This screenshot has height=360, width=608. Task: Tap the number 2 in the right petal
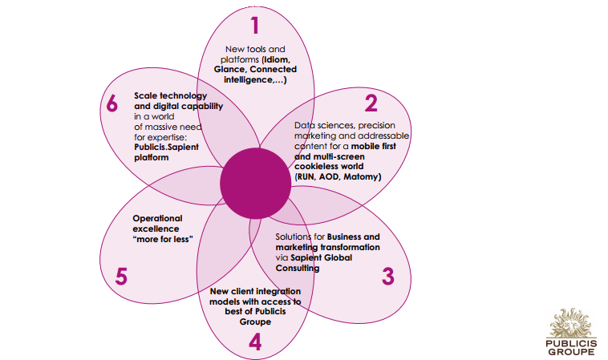pos(371,103)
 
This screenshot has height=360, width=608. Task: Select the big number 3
pos(388,277)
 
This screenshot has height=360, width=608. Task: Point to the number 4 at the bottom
pos(255,342)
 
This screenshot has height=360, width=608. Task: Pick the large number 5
pos(121,277)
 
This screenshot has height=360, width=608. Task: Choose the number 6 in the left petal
pos(113,105)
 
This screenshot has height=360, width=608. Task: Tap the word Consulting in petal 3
pos(298,269)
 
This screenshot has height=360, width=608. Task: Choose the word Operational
pos(157,218)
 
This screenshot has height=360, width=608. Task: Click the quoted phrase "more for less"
pos(162,238)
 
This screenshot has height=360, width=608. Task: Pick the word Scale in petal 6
pos(148,95)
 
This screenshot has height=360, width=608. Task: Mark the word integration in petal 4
pos(268,291)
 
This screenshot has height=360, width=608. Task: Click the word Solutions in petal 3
pos(294,237)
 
